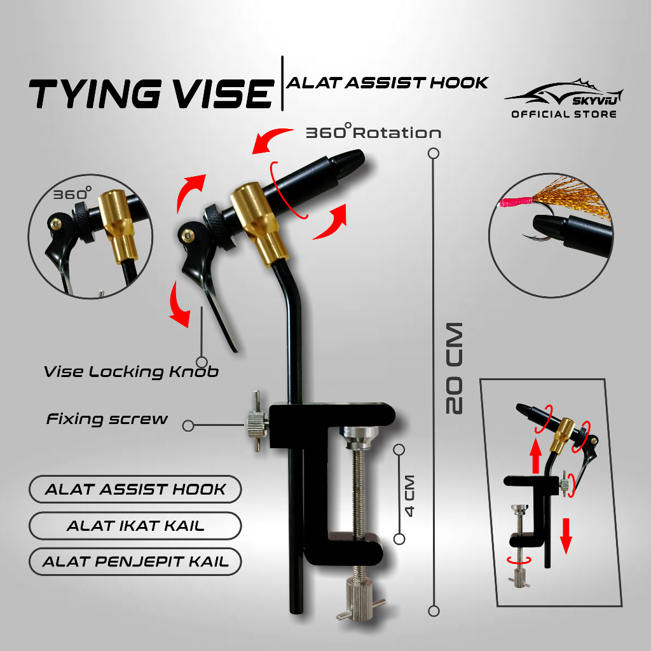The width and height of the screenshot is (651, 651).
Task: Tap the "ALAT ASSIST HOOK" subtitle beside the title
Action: click(x=387, y=82)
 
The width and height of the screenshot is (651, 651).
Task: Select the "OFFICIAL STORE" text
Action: click(x=564, y=114)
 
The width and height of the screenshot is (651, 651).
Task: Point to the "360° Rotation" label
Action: click(x=373, y=133)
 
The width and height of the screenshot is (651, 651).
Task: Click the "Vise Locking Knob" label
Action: click(x=131, y=372)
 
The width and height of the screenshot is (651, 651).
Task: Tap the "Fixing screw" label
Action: click(x=107, y=419)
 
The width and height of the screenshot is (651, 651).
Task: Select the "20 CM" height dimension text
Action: click(x=455, y=369)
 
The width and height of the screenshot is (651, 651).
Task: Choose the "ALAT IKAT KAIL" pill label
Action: click(x=135, y=526)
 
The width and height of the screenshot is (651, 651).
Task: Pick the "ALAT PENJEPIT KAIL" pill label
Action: click(x=135, y=562)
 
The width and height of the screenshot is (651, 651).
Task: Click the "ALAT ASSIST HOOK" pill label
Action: click(x=135, y=490)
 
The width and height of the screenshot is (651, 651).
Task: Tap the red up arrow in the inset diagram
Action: click(x=536, y=454)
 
